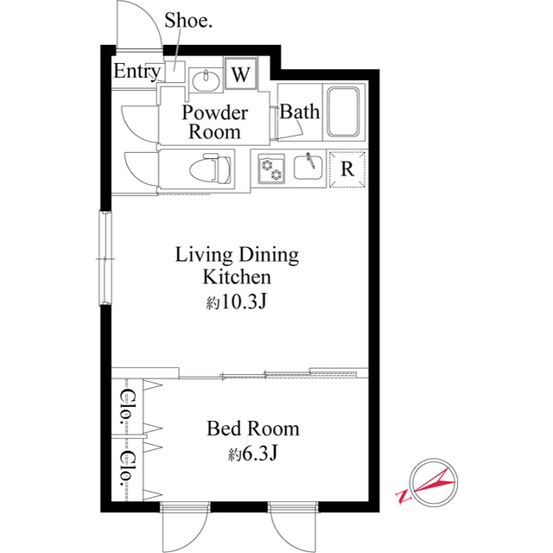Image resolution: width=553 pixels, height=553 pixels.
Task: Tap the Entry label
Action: point(137,72)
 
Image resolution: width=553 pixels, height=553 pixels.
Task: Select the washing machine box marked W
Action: point(240,74)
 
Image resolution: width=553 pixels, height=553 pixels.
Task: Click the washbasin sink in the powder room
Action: point(205,80)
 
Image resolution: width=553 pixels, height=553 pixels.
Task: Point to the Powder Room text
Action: point(215,122)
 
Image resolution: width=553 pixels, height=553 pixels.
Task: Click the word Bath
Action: point(300,111)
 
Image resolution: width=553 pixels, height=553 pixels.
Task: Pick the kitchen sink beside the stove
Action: point(308,166)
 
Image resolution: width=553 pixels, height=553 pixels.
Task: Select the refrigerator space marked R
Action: point(347,168)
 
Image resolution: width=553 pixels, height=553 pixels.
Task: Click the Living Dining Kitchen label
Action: point(237,265)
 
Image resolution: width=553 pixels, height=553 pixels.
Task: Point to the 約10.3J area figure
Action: point(235,302)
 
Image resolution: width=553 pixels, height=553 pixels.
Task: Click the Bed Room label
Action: point(252,428)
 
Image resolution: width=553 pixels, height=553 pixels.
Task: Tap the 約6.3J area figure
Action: point(252,454)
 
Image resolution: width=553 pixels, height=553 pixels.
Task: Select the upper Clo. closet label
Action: point(126,406)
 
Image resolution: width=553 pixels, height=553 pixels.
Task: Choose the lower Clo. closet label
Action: point(126,467)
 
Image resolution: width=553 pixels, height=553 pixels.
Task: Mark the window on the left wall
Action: point(105,258)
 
